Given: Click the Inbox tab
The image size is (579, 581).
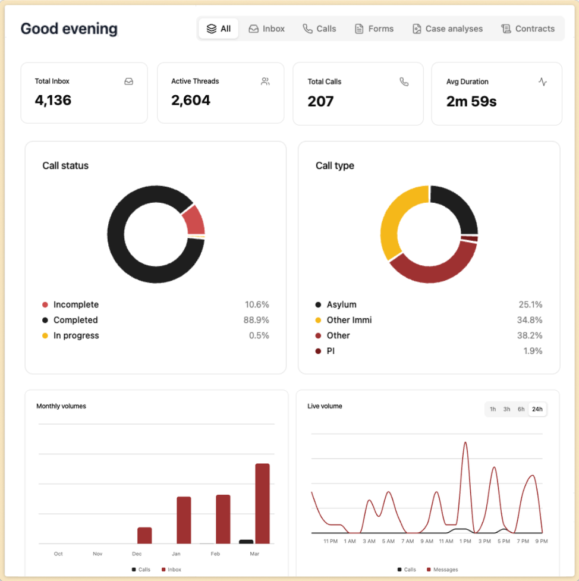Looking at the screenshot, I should (x=267, y=29).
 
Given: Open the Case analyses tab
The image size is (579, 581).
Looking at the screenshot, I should (x=447, y=29).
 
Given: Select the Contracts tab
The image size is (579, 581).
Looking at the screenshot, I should (x=528, y=29).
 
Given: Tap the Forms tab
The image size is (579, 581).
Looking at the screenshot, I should (x=374, y=29).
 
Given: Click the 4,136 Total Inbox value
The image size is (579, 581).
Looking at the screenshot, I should (x=53, y=101).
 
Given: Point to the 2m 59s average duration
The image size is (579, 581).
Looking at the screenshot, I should (x=471, y=101).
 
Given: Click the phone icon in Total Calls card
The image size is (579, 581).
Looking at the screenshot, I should (x=404, y=82).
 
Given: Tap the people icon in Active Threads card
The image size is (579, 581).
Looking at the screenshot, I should (x=265, y=81).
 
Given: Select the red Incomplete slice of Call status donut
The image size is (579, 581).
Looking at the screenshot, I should (x=194, y=220).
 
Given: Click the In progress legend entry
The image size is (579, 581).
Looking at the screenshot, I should (x=76, y=335).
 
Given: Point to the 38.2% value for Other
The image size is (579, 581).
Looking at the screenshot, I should (x=530, y=335).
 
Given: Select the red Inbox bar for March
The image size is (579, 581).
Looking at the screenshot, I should (x=262, y=503).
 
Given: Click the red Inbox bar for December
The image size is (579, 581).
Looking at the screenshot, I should (x=144, y=535).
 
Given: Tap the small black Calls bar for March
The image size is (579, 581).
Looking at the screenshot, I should (x=246, y=541).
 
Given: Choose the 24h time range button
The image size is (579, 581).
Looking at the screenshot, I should (x=537, y=409).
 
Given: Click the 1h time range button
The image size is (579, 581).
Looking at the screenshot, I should (x=493, y=409).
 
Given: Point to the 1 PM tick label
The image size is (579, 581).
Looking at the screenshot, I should (x=465, y=541).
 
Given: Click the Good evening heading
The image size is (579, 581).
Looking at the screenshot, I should (x=69, y=29).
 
